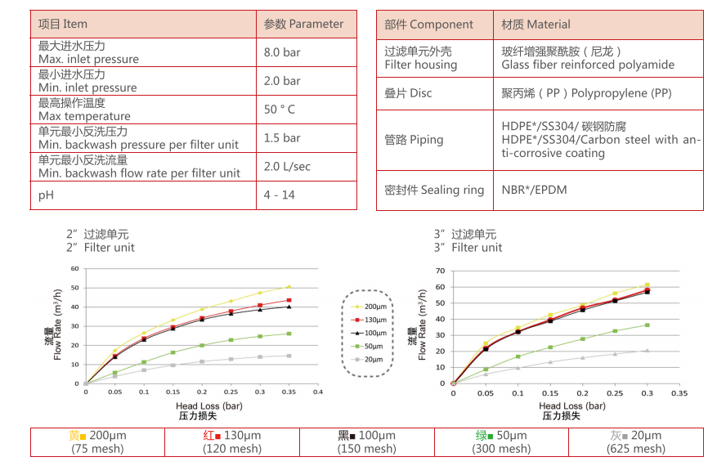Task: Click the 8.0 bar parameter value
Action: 282,52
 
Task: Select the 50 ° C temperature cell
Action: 280,110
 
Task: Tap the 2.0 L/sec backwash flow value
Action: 287,167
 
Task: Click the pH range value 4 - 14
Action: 280,195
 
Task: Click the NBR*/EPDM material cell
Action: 534,190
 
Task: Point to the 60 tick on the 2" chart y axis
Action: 74,268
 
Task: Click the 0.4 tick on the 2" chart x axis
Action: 318,392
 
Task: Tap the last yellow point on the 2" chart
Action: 289,287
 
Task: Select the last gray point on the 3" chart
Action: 648,350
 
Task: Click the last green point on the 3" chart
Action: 648,325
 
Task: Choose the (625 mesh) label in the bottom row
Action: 636,448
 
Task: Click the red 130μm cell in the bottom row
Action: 232,436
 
